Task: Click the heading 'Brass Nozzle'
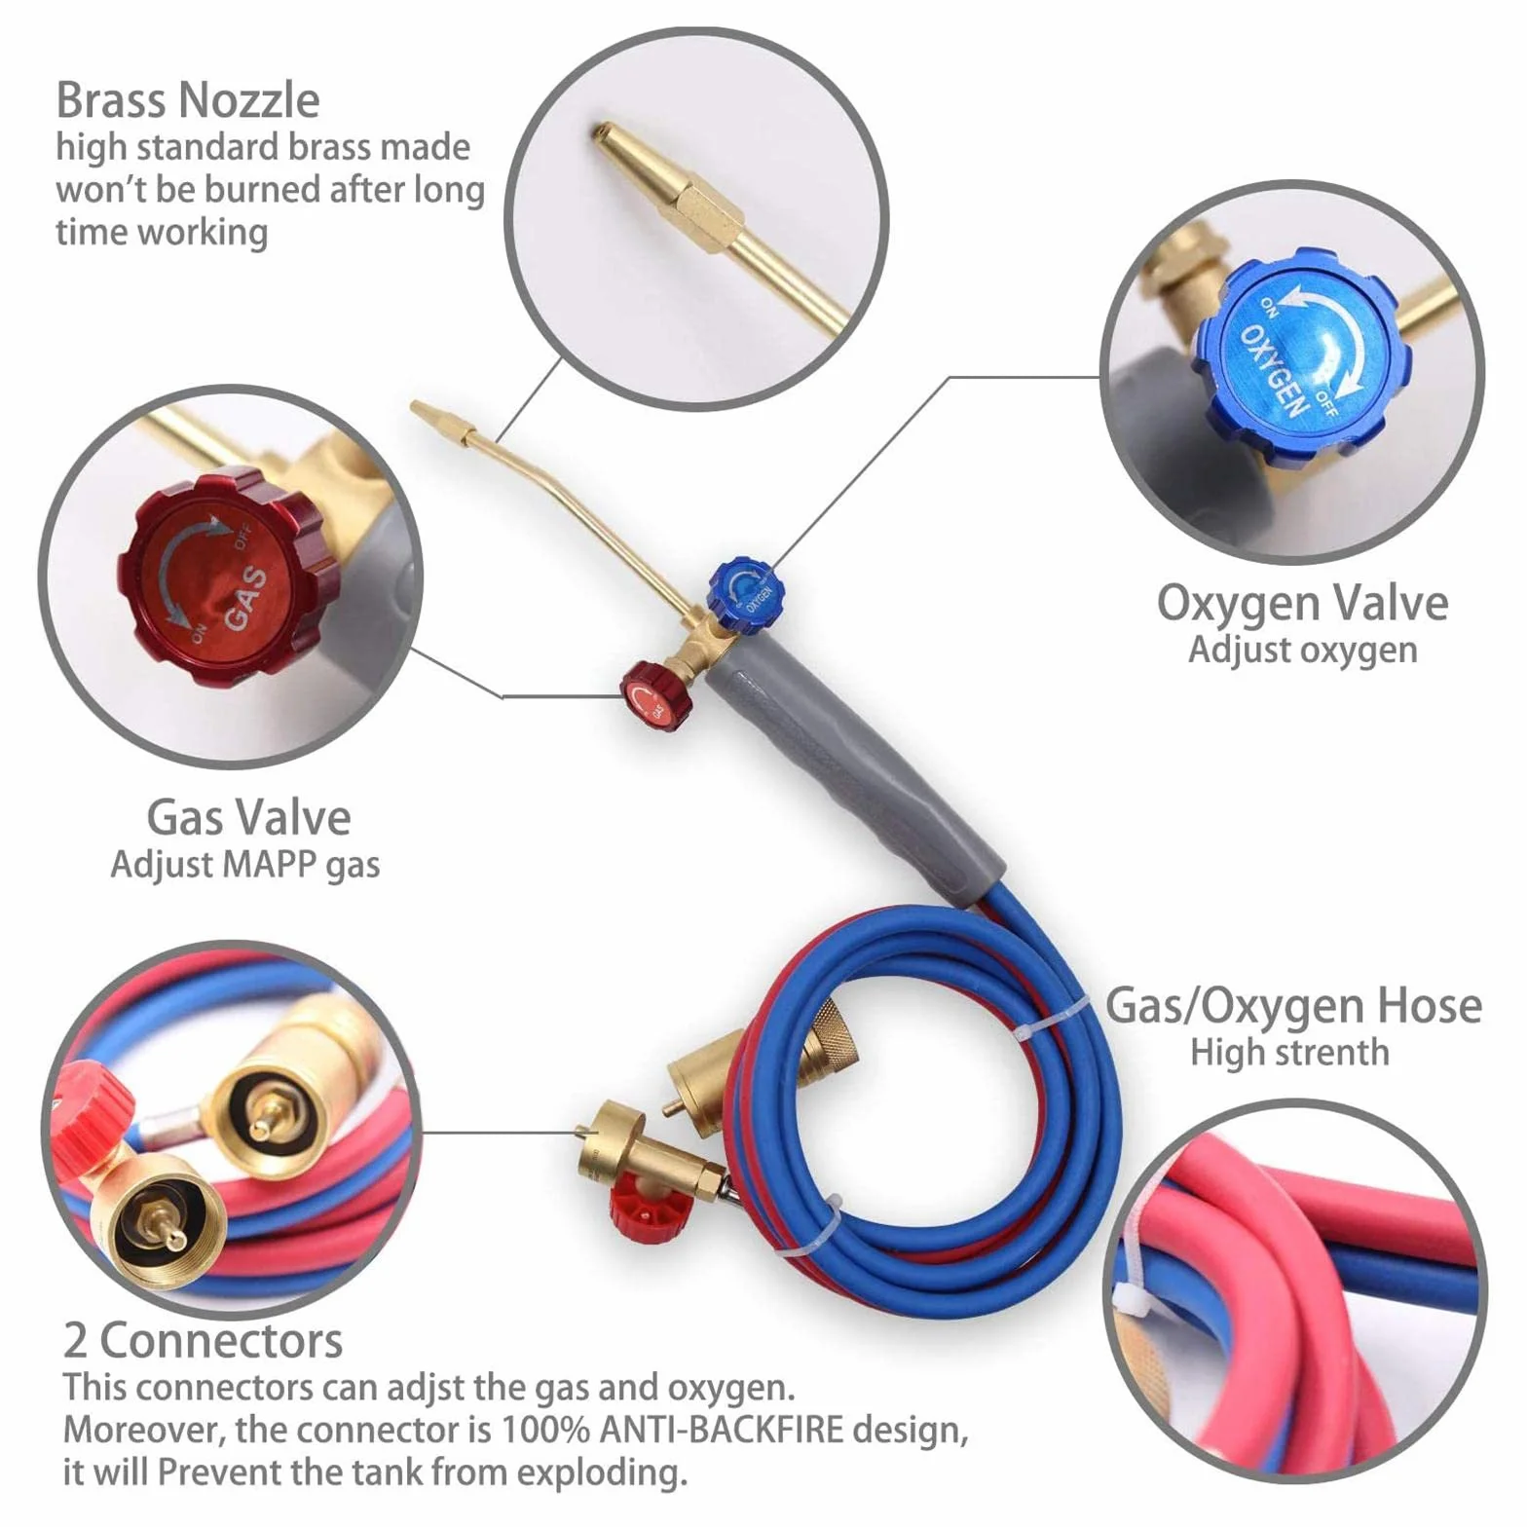pos(188,99)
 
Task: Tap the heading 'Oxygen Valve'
pos(1302,603)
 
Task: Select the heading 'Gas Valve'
pos(248,817)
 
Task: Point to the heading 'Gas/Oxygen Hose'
pos(1293,1006)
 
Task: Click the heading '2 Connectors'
pos(203,1340)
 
